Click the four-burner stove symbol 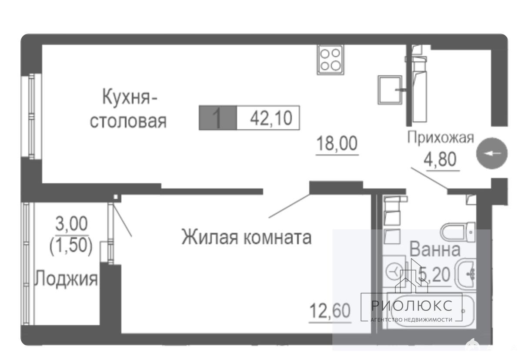coord(331,60)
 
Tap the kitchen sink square coord(390,90)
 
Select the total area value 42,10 coord(271,118)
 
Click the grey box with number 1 coord(218,118)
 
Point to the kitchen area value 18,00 coord(337,143)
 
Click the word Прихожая coord(441,138)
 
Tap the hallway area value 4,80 coord(440,159)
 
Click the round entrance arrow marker coord(492,153)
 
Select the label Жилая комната coord(247,237)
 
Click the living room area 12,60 coord(330,310)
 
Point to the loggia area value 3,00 coord(71,223)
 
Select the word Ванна coord(435,249)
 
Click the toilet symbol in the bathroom coord(458,232)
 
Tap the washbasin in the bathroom coord(466,274)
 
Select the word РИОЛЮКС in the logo coord(412,306)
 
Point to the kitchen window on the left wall coord(31,116)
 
